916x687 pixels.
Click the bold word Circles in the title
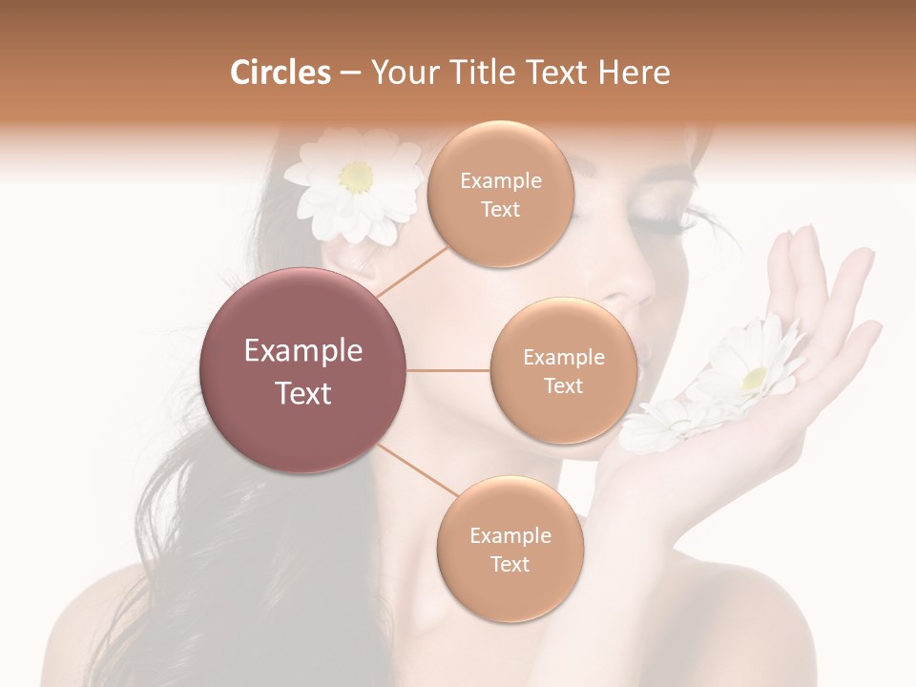click(280, 73)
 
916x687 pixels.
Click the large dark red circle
click(303, 370)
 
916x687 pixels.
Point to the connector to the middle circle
click(448, 370)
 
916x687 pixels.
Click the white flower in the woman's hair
click(354, 186)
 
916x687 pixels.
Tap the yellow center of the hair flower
click(357, 176)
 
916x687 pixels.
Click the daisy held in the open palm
click(754, 367)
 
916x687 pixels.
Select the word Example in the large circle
click(303, 351)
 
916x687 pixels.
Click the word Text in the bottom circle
click(510, 565)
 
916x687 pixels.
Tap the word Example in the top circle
click(500, 181)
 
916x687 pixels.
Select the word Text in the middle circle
click(563, 386)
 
